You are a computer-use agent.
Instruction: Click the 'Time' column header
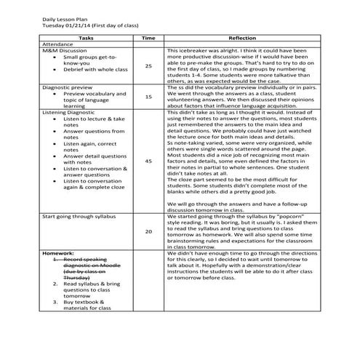[x=148, y=36]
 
